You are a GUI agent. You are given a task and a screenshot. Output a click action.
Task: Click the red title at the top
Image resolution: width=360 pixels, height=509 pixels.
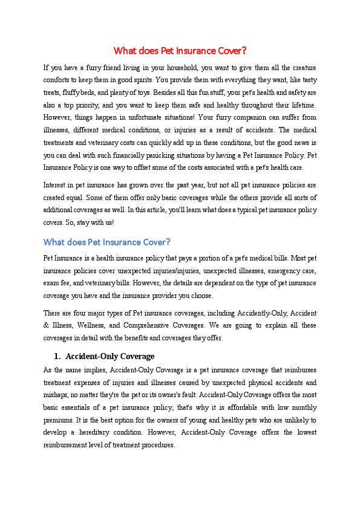(180, 51)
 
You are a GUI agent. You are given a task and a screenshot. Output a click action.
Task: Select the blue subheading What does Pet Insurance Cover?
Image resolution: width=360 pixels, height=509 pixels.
(106, 242)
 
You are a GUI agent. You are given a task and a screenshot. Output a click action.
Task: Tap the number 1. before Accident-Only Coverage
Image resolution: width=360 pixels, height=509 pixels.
(57, 356)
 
